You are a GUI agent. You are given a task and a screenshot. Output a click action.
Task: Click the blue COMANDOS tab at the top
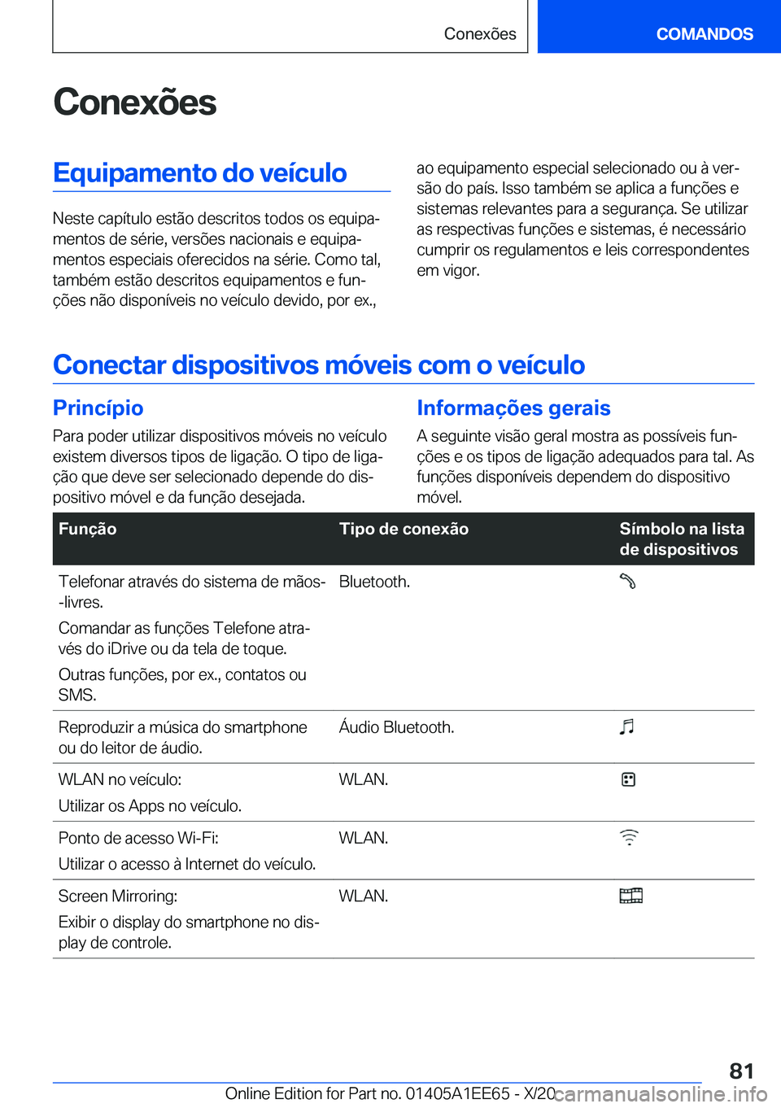[x=704, y=34]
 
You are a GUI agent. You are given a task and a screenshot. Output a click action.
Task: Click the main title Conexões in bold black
[x=135, y=103]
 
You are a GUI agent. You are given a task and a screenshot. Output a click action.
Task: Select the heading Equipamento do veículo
[x=200, y=172]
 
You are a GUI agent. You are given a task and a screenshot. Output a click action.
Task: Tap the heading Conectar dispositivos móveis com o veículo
[x=319, y=364]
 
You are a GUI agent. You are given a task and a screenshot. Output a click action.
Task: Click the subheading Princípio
[x=98, y=408]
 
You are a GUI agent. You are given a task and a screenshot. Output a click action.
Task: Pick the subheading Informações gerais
[x=513, y=408]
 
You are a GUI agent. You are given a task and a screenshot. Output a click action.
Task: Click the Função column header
[x=88, y=529]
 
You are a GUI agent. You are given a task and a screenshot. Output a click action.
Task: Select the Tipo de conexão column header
[x=404, y=529]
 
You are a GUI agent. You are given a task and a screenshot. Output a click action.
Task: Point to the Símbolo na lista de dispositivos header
[x=681, y=539]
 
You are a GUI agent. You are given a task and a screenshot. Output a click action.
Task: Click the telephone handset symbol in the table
[x=628, y=582]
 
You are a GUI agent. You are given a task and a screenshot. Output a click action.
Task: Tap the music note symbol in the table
[x=626, y=726]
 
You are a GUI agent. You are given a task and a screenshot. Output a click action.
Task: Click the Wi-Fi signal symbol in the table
[x=629, y=837]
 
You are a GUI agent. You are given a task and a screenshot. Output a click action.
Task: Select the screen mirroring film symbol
[x=630, y=896]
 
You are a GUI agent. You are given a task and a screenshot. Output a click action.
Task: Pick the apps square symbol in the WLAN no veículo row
[x=628, y=779]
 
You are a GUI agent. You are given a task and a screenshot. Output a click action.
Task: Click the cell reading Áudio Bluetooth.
[x=396, y=727]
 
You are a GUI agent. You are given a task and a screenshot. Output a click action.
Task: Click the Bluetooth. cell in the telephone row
[x=374, y=582]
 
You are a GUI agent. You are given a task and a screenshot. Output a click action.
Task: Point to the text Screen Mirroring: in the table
[x=118, y=896]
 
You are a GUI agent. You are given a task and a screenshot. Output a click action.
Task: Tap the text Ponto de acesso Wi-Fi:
[x=138, y=838]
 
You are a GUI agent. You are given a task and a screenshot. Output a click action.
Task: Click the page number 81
[x=741, y=1071]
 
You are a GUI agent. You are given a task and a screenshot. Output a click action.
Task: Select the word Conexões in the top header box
[x=480, y=34]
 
